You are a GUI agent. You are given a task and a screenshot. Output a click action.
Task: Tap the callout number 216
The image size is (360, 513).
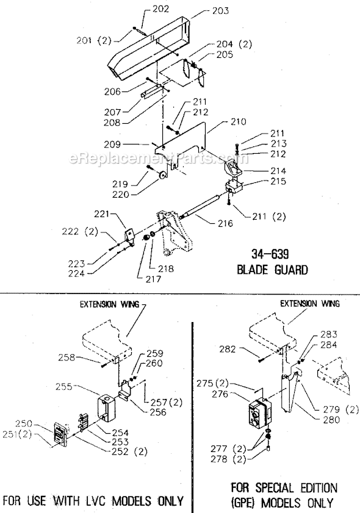tap(225, 224)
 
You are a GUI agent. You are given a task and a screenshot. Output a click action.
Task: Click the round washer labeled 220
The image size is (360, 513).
tap(164, 176)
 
